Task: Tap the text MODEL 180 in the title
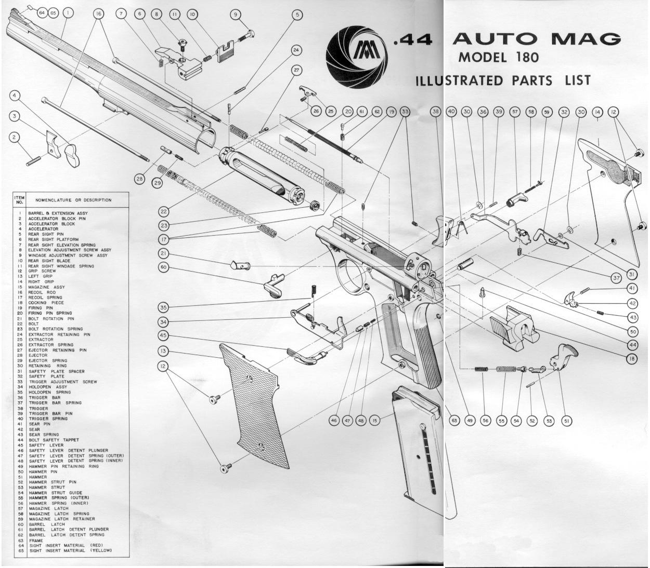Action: (x=498, y=57)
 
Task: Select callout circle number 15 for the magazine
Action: (x=375, y=420)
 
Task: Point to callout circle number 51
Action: (x=566, y=421)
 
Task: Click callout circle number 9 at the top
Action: (x=236, y=15)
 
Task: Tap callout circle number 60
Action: (x=164, y=267)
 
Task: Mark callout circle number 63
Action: (x=454, y=421)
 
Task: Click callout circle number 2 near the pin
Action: (x=15, y=138)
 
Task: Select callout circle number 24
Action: (x=296, y=50)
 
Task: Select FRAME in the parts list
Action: (x=36, y=540)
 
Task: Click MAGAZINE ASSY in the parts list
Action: (x=46, y=287)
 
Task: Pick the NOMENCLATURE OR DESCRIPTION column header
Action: (x=73, y=200)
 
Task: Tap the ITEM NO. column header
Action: (x=19, y=200)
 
